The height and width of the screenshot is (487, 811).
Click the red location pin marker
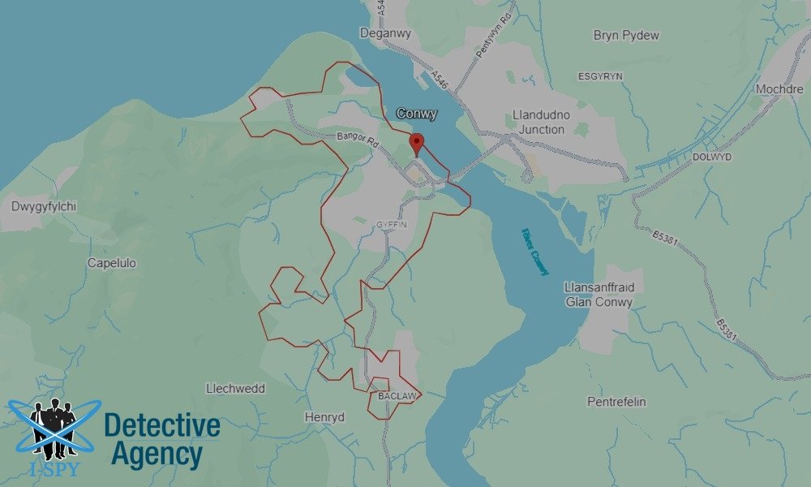tap(418, 143)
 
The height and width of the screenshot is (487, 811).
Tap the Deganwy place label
tap(382, 33)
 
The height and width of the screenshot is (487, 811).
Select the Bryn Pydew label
tap(626, 36)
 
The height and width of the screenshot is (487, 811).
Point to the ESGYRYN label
tap(599, 75)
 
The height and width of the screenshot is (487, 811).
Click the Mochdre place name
tap(779, 88)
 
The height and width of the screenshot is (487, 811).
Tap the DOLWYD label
tap(712, 156)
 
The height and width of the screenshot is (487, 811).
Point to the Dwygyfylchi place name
tap(44, 206)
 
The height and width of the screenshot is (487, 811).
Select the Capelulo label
tap(112, 263)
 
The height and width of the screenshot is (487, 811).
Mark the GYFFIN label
tap(390, 224)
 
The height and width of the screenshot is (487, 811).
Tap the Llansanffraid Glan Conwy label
tap(599, 295)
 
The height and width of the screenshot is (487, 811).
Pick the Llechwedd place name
tap(235, 389)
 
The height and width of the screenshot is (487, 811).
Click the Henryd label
tap(324, 417)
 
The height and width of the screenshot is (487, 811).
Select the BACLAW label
tap(397, 396)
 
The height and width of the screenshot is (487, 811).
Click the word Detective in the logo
tap(162, 425)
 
